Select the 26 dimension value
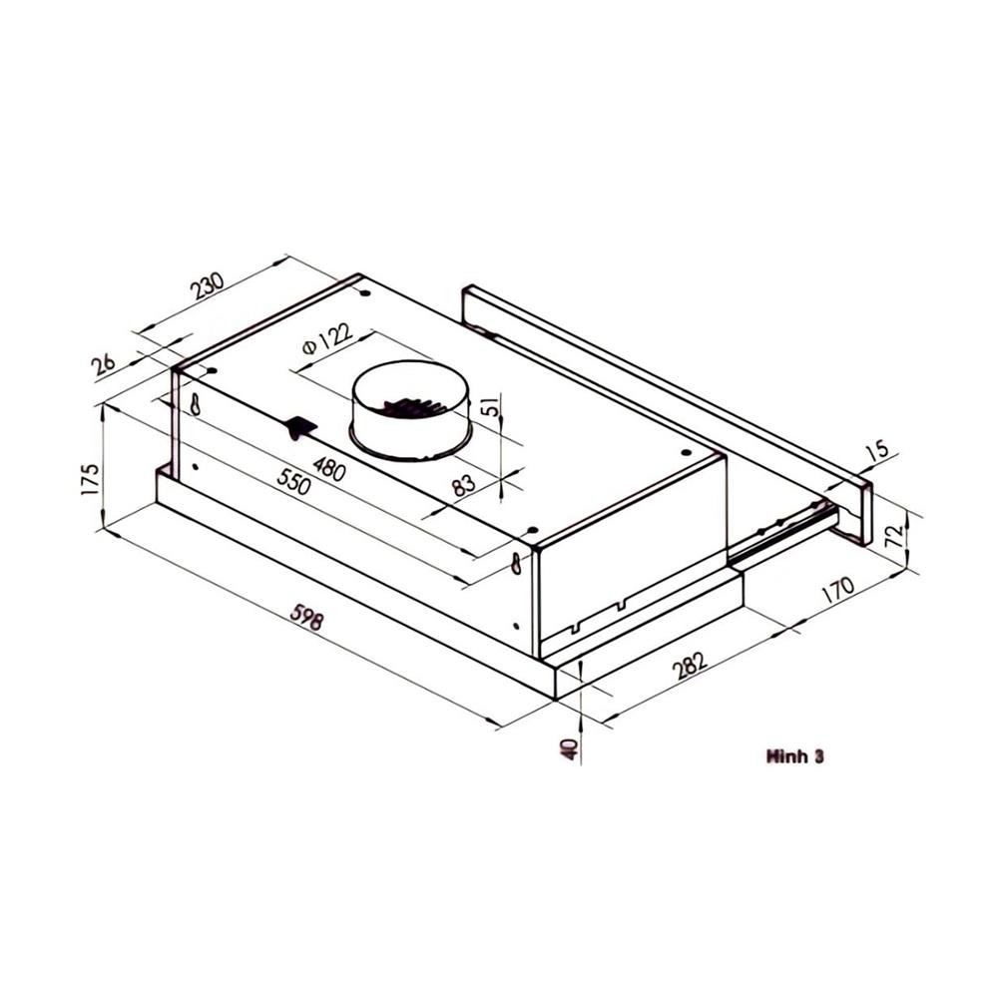(x=104, y=365)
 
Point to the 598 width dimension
(x=306, y=620)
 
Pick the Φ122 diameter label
(x=326, y=339)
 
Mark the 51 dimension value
(x=488, y=407)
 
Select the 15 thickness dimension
(x=876, y=451)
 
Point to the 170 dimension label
(x=837, y=590)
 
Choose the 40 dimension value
(x=569, y=748)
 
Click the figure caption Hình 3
(x=794, y=756)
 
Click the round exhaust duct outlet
(x=410, y=409)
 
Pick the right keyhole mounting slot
(x=516, y=564)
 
